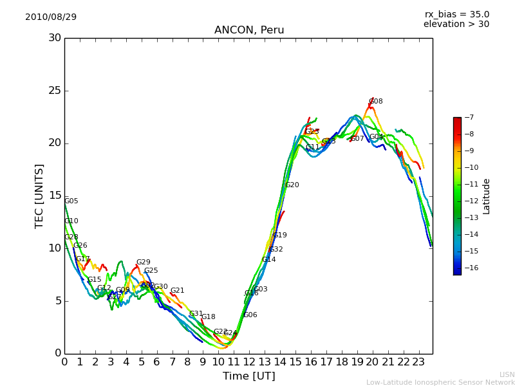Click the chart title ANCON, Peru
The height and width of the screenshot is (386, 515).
pyautogui.click(x=248, y=30)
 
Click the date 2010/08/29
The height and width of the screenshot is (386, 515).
pyautogui.click(x=51, y=17)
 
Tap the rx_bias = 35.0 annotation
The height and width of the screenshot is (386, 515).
pyautogui.click(x=456, y=14)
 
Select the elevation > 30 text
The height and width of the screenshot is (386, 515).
pyautogui.click(x=456, y=24)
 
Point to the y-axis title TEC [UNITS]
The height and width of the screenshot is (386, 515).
pyautogui.click(x=40, y=196)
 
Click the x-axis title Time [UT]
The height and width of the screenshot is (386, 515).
pyautogui.click(x=248, y=376)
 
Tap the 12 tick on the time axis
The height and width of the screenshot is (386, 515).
pyautogui.click(x=249, y=362)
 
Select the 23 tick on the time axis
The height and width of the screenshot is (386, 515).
pyautogui.click(x=418, y=362)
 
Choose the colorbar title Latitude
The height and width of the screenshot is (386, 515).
pyautogui.click(x=487, y=196)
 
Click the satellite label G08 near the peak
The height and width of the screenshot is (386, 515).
pyautogui.click(x=376, y=102)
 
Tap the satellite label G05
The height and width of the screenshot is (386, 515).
pyautogui.click(x=71, y=201)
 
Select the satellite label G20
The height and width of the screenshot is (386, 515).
pyautogui.click(x=292, y=185)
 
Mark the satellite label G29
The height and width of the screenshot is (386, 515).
pyautogui.click(x=143, y=262)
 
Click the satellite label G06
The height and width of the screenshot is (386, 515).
pyautogui.click(x=250, y=315)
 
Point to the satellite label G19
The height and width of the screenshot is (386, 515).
pyautogui.click(x=280, y=235)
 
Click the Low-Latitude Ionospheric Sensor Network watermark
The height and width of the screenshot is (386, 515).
pyautogui.click(x=440, y=382)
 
